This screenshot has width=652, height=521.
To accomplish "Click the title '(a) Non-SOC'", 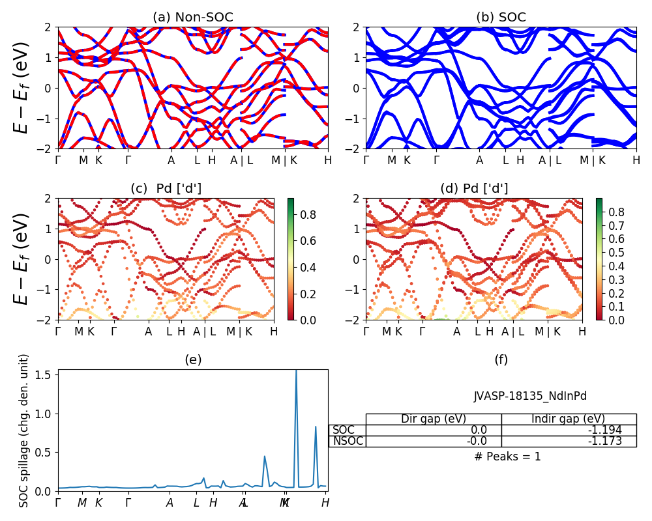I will [192, 18].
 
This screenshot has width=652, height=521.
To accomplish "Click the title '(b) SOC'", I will [501, 18].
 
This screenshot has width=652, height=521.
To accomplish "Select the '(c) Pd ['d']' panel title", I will [166, 188].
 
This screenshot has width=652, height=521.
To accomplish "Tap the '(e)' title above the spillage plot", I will [192, 359].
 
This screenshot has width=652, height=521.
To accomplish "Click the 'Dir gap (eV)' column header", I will [434, 419].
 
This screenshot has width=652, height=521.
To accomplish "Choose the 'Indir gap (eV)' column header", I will [569, 419].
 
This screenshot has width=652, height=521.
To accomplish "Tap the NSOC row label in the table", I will [348, 441].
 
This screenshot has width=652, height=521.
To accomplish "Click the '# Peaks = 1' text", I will [507, 457].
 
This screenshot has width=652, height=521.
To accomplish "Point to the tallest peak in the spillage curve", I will [296, 371].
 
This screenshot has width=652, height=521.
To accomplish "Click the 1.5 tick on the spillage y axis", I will [44, 375].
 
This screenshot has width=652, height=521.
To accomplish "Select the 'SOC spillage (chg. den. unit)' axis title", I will [25, 430].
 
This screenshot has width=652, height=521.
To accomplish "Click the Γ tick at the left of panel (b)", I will [366, 160].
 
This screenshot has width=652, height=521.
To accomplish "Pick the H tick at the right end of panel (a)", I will [327, 160].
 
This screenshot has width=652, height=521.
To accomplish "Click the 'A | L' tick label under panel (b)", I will [550, 160].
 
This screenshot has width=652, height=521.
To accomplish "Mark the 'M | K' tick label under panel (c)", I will [239, 331].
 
